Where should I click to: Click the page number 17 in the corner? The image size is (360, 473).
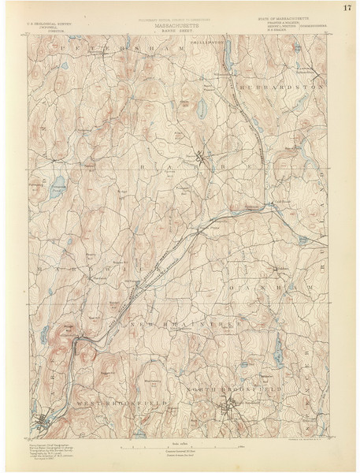347,9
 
